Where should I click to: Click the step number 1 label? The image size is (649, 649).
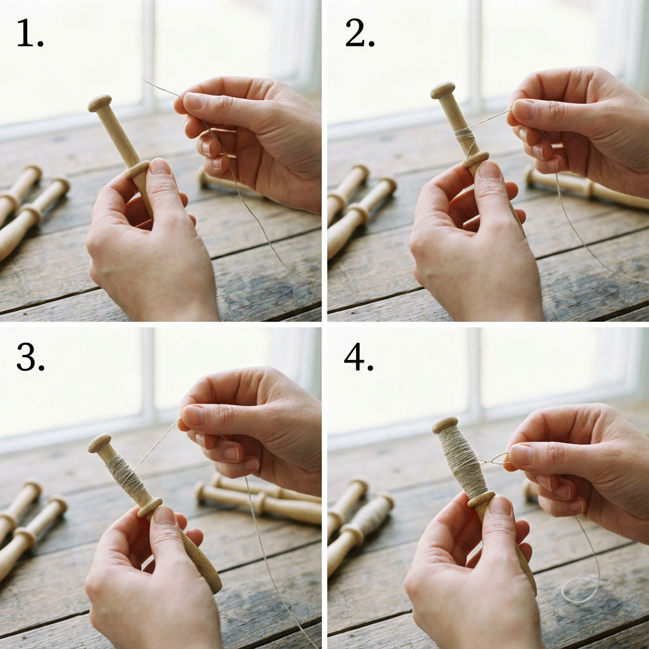click(x=30, y=33)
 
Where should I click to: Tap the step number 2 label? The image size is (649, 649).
click(x=359, y=33)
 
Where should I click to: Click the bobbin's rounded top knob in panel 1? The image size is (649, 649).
click(x=100, y=103)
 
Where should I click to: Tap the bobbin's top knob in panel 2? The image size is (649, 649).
click(x=442, y=90)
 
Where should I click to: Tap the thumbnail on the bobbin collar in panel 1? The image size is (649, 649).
click(x=160, y=167)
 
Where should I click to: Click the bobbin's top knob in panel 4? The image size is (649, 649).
click(x=445, y=425)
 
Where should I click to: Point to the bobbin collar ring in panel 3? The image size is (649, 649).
click(x=150, y=508)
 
